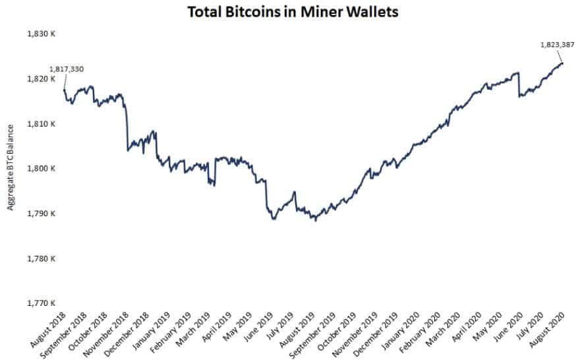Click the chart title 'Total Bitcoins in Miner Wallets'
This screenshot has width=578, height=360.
pyautogui.click(x=293, y=13)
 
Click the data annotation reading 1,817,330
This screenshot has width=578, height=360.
pyautogui.click(x=66, y=69)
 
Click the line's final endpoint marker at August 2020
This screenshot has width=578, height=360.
pyautogui.click(x=562, y=63)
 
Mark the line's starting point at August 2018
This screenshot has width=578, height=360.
pyautogui.click(x=64, y=90)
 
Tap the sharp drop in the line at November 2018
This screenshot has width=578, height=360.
pyautogui.click(x=127, y=129)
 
